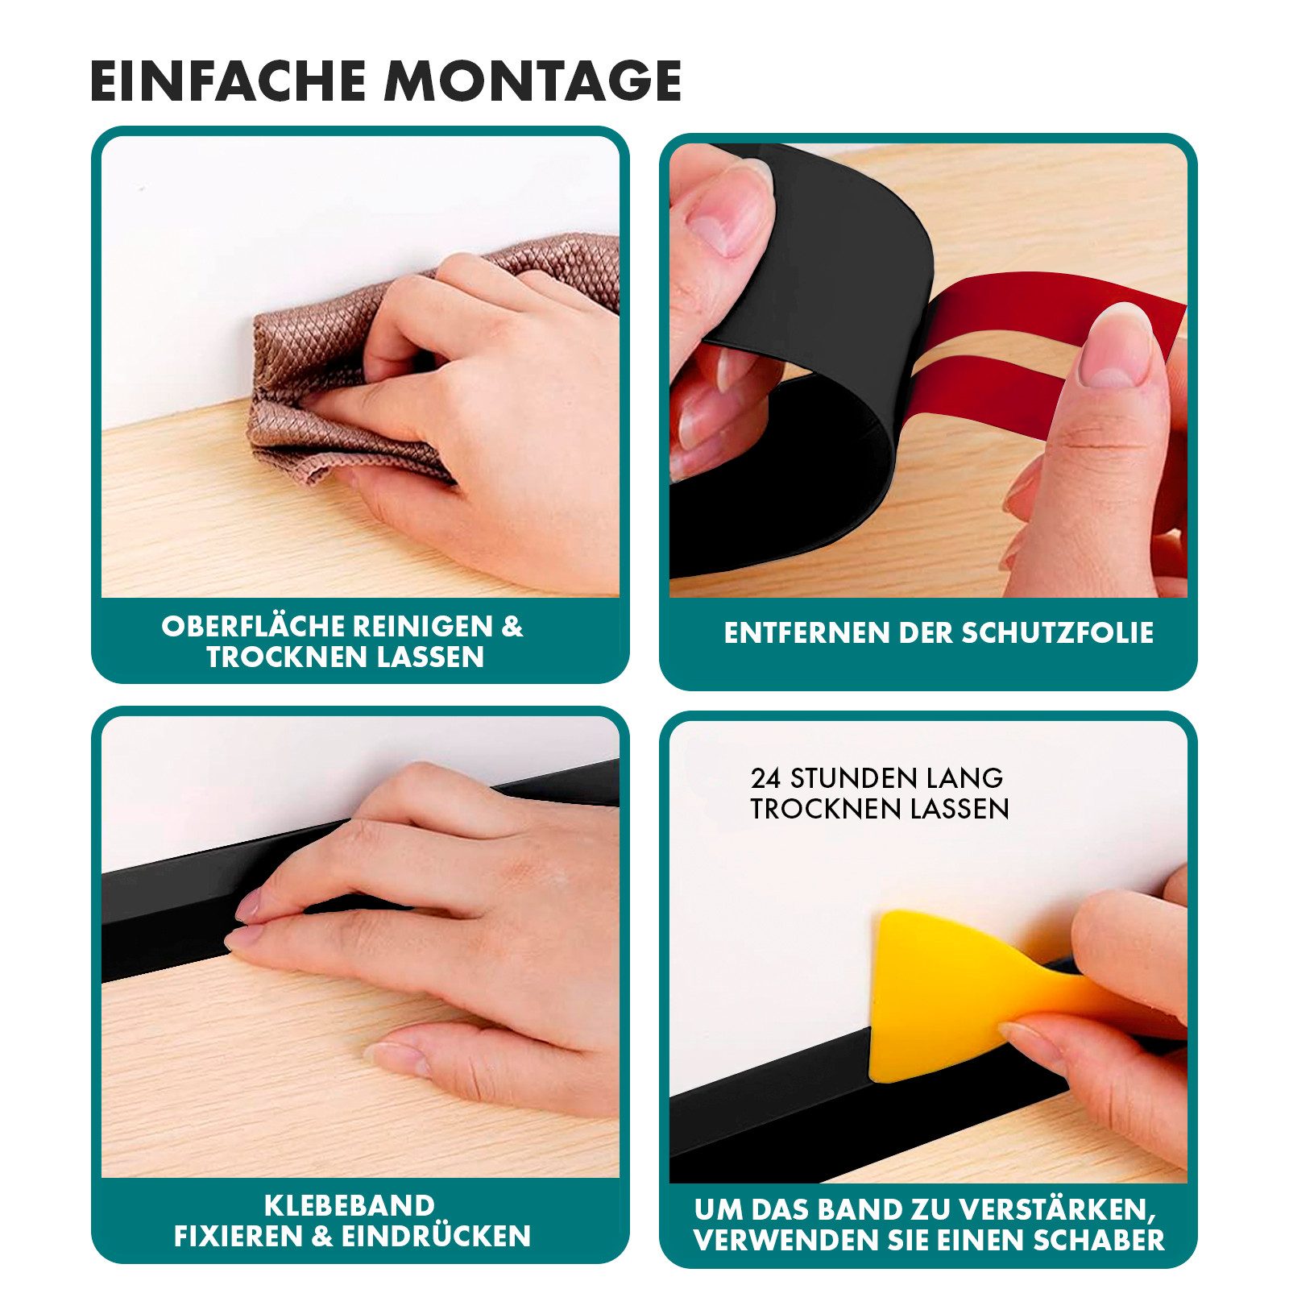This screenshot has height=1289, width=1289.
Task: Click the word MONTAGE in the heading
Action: (x=533, y=81)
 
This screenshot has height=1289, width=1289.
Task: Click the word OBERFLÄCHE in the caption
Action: (x=248, y=626)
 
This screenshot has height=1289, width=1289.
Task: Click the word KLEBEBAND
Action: (x=350, y=1205)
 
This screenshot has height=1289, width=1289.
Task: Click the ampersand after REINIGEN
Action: (x=512, y=626)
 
